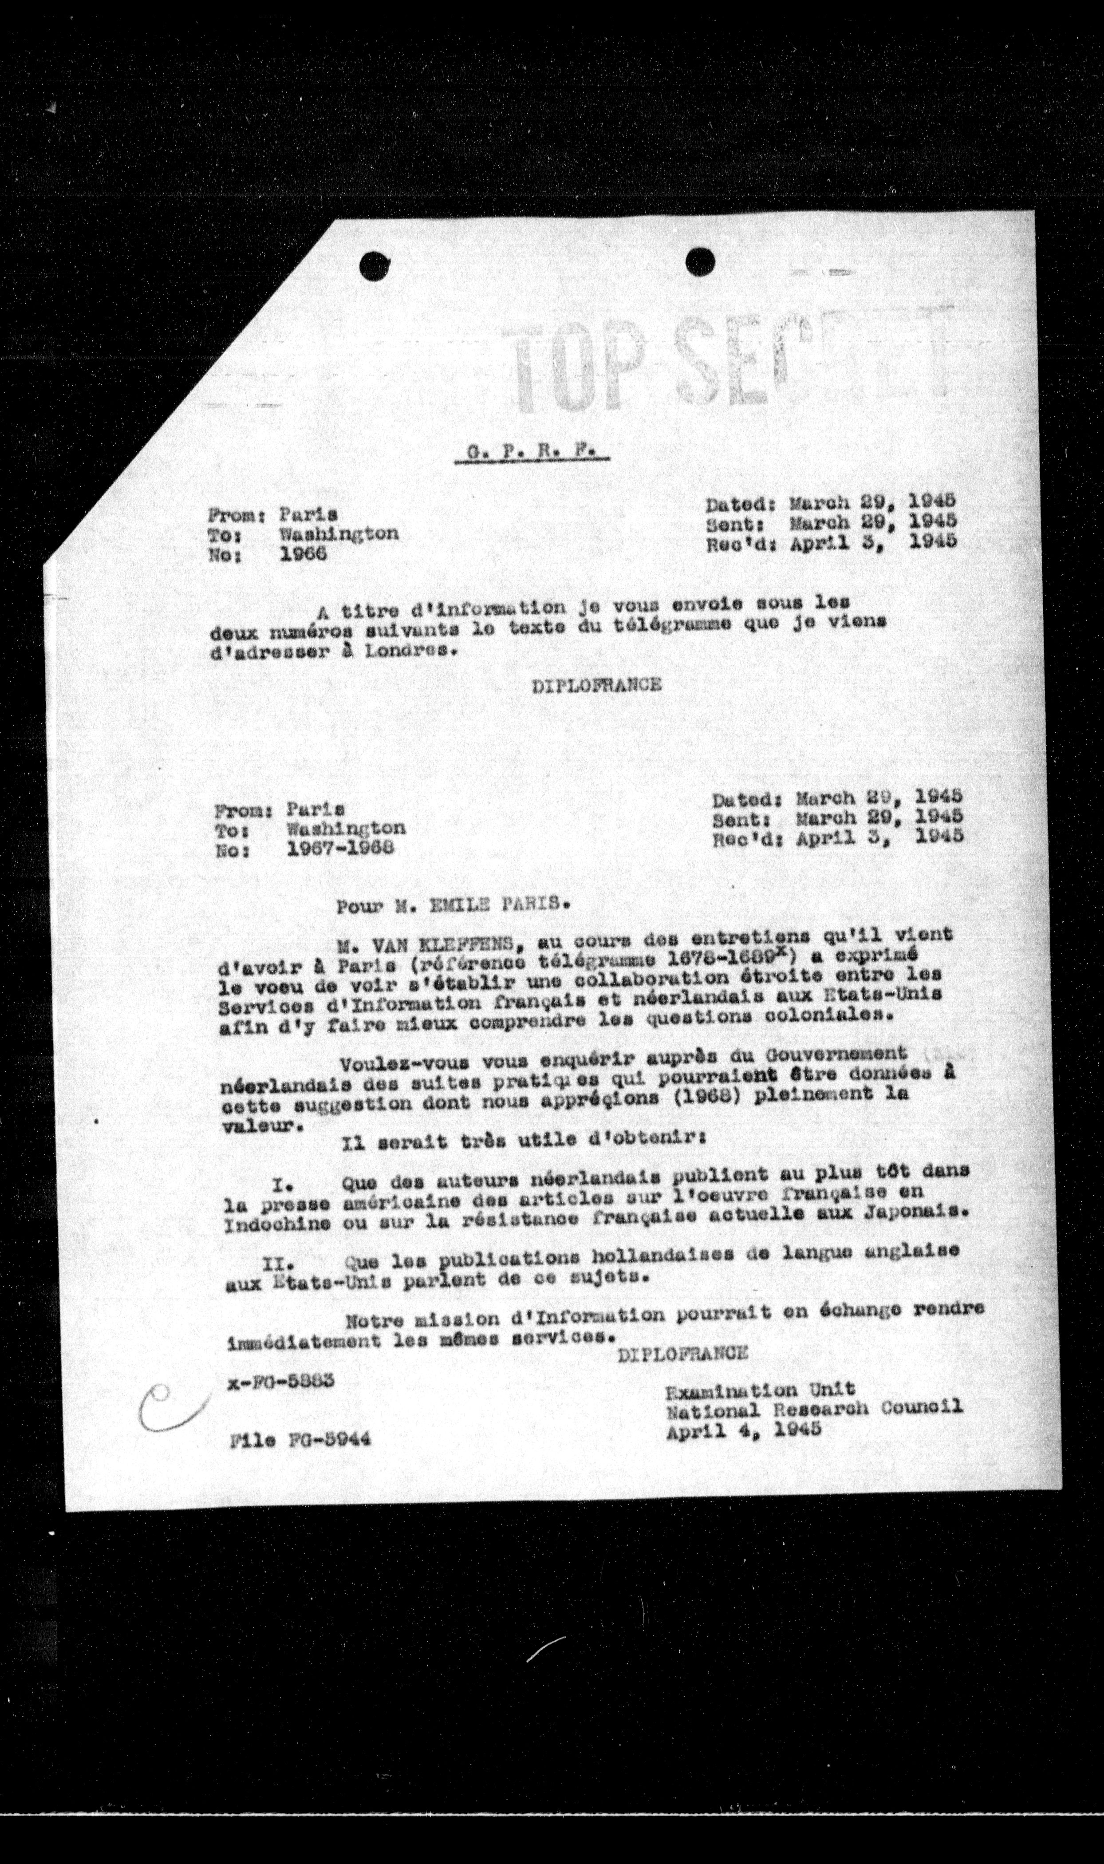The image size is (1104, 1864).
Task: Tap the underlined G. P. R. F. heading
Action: click(x=531, y=452)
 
